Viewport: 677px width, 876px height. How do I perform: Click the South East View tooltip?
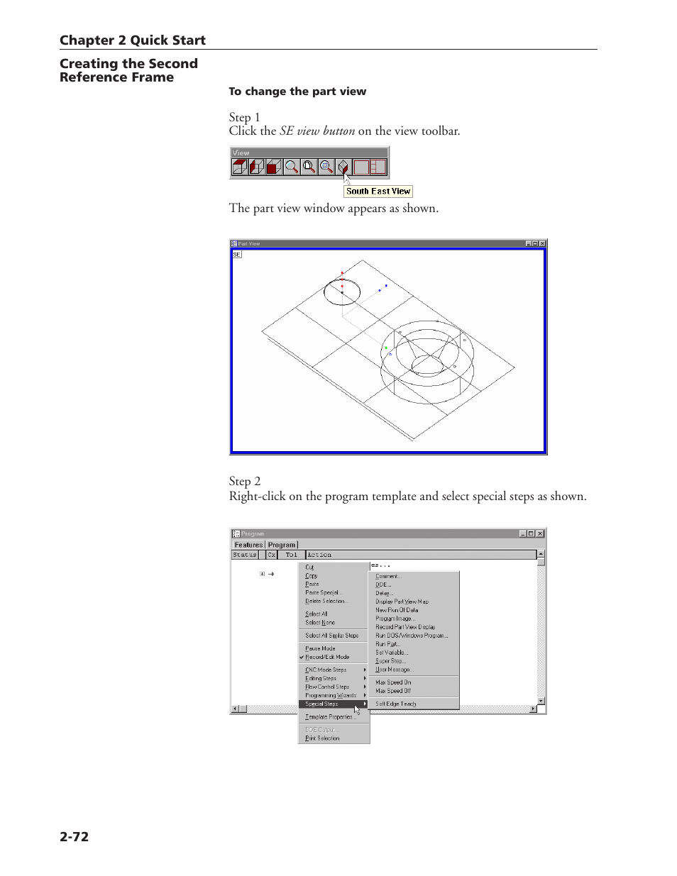tap(378, 192)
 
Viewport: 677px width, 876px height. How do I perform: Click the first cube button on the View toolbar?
tap(239, 167)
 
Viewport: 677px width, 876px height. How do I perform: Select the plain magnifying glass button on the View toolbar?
tap(292, 167)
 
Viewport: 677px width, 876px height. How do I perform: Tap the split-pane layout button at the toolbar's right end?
tap(378, 167)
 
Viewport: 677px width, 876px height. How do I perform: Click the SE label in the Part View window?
tap(237, 255)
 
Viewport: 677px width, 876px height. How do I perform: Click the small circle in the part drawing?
tap(342, 292)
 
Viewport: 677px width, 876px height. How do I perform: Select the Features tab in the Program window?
tap(248, 545)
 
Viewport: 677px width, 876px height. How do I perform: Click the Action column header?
tap(319, 555)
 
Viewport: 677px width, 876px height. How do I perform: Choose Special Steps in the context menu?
tap(322, 704)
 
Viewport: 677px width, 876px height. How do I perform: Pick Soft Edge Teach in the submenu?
tap(396, 704)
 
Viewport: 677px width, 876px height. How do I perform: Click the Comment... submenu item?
tap(387, 577)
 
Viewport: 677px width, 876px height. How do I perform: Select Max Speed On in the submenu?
tap(393, 682)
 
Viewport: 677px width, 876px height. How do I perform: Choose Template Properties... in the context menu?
tap(330, 717)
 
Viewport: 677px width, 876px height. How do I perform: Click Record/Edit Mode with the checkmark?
tap(327, 658)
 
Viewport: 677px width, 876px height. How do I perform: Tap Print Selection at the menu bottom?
tap(322, 738)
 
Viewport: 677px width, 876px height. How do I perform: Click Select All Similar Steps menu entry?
tap(331, 636)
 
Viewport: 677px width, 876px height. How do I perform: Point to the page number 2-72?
tap(75, 837)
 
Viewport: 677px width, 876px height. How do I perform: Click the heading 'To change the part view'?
tap(297, 92)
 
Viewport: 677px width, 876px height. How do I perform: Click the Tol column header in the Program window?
tap(291, 555)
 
